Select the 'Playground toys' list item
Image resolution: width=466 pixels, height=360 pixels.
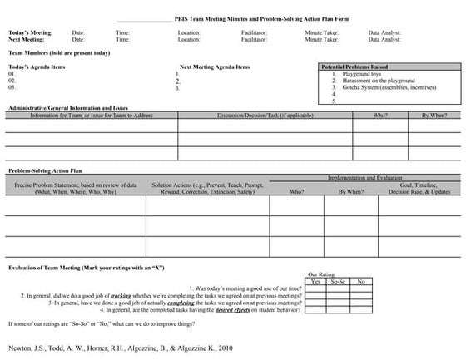tap(359, 74)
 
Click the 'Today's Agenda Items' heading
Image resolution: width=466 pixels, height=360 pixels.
tap(39, 67)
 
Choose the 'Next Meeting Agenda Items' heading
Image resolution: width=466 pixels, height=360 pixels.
tap(214, 67)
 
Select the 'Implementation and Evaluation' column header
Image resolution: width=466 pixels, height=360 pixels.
tap(364, 179)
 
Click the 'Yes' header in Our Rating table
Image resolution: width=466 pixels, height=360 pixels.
tap(315, 281)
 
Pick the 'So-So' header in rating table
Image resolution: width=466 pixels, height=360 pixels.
tap(338, 281)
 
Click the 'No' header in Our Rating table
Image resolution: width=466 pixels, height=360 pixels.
tap(360, 281)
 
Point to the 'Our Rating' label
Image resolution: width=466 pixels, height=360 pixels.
tap(322, 274)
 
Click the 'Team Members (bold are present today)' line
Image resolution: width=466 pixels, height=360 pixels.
tap(59, 52)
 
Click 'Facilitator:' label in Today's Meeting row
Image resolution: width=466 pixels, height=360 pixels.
tap(255, 32)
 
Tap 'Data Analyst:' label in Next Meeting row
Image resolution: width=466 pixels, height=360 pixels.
tap(384, 39)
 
